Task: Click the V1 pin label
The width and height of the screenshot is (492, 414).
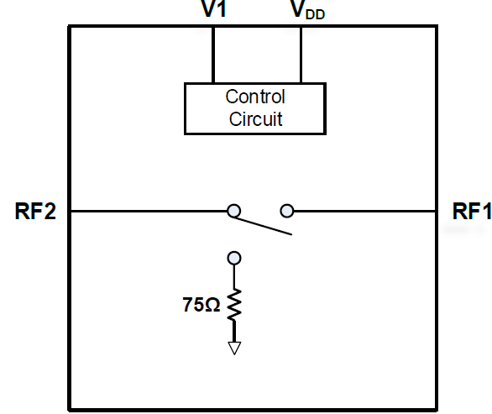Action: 214,8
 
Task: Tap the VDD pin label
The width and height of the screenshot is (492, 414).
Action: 307,9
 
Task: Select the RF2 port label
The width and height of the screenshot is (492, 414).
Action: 35,211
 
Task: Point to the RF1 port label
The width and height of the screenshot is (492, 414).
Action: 472,211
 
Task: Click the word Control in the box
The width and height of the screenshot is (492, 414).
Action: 255,97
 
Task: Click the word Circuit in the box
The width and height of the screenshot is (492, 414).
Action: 255,119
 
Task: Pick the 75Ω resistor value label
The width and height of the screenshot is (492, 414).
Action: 202,305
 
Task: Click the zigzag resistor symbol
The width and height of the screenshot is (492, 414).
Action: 234,305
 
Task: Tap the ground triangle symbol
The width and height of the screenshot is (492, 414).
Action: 234,348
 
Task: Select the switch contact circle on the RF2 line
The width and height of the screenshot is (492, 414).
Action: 233,211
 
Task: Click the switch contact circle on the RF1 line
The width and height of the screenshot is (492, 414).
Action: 287,211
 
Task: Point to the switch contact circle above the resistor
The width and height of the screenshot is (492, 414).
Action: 234,259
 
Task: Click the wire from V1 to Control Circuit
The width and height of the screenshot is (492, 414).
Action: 213,55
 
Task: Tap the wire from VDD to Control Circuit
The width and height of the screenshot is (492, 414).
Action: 301,55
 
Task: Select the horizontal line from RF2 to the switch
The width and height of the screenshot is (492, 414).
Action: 149,212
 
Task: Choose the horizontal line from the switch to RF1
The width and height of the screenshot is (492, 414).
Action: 364,212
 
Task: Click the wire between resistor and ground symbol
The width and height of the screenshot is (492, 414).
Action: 234,331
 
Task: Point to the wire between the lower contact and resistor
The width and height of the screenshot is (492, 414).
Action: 234,277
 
